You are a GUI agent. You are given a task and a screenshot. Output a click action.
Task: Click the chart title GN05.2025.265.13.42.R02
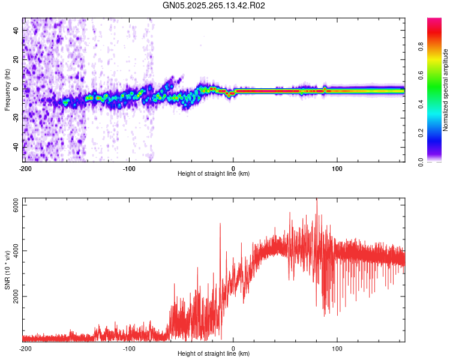[x=214, y=5]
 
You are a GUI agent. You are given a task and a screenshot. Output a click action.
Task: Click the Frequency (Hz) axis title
[x=7, y=90]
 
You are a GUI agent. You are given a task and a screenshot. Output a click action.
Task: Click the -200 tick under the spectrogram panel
[x=25, y=167]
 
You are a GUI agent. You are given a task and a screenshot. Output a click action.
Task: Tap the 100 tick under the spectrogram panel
[x=337, y=167]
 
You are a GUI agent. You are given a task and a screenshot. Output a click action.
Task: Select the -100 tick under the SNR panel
[x=129, y=349]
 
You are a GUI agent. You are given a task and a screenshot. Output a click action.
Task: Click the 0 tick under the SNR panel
[x=233, y=349]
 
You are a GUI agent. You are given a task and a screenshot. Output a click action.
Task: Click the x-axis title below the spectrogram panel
[x=214, y=174]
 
